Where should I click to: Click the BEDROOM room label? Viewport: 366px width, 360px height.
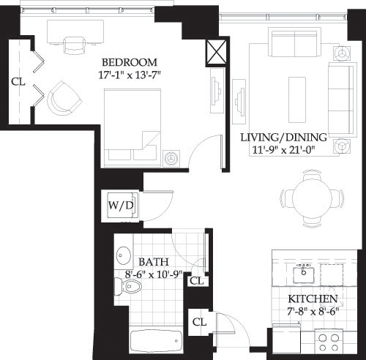[129, 61]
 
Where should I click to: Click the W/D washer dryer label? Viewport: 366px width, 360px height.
[121, 205]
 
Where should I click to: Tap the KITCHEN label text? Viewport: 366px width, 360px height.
[313, 300]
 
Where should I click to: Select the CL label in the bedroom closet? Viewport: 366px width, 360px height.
[18, 81]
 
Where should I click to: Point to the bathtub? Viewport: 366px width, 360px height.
[154, 340]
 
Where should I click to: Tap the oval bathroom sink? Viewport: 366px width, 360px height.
[122, 256]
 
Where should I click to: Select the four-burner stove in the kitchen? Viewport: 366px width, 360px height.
[330, 342]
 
